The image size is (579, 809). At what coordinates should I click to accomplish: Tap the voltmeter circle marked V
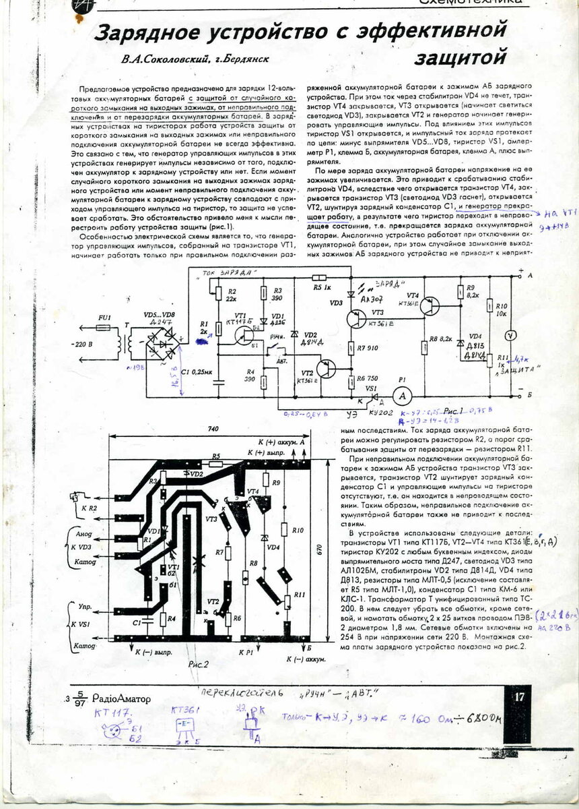pos(511,334)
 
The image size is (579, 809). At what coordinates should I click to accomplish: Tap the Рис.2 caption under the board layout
pos(199,663)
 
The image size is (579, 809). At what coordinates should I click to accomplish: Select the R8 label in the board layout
pos(253,562)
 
